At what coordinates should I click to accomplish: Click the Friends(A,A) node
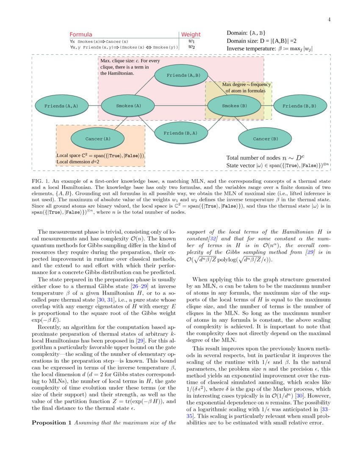pyautogui.click(x=61, y=106)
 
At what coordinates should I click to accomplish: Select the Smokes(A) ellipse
pyautogui.click(x=128, y=106)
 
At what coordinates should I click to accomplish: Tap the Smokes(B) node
pyautogui.click(x=235, y=106)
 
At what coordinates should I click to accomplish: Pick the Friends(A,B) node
pyautogui.click(x=183, y=75)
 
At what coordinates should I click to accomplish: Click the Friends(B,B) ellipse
pyautogui.click(x=299, y=106)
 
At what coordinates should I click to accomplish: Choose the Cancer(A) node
pyautogui.click(x=98, y=139)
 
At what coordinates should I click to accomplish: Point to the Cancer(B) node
pyautogui.click(x=266, y=139)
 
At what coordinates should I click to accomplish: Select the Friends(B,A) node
pyautogui.click(x=180, y=133)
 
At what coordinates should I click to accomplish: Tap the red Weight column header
pyautogui.click(x=191, y=35)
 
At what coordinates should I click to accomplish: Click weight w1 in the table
pyautogui.click(x=191, y=42)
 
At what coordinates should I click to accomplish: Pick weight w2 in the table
pyautogui.click(x=191, y=47)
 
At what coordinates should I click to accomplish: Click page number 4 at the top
pyautogui.click(x=329, y=19)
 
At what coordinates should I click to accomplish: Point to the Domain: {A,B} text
pyautogui.click(x=246, y=33)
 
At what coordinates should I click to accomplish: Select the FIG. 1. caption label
pyautogui.click(x=40, y=181)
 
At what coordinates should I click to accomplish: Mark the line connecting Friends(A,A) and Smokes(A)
pyautogui.click(x=94, y=106)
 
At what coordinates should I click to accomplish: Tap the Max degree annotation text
pyautogui.click(x=246, y=88)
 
